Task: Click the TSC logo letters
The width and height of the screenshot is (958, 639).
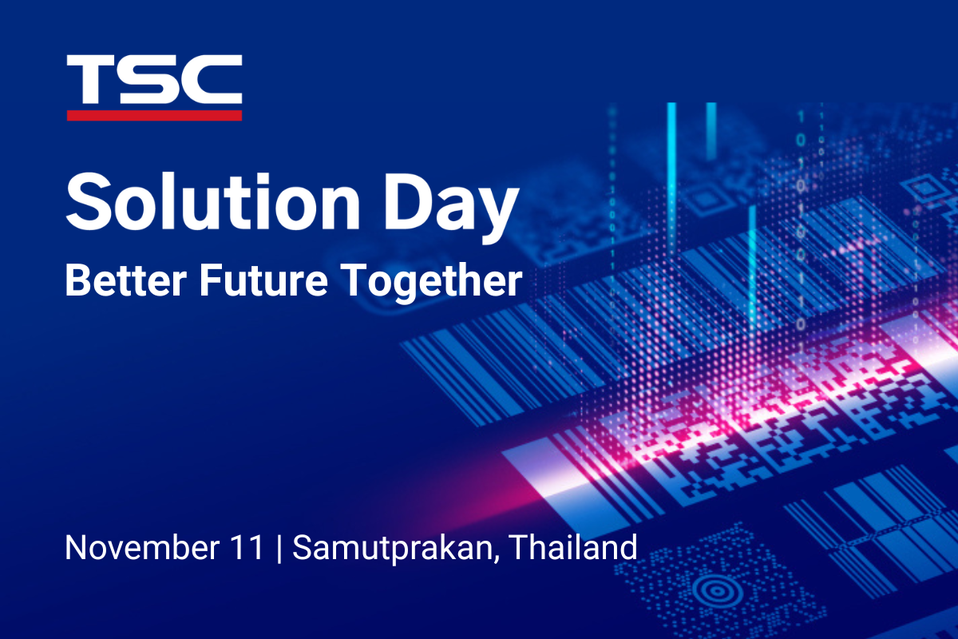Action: tap(154, 80)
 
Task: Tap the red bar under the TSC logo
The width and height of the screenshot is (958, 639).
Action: tap(154, 115)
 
